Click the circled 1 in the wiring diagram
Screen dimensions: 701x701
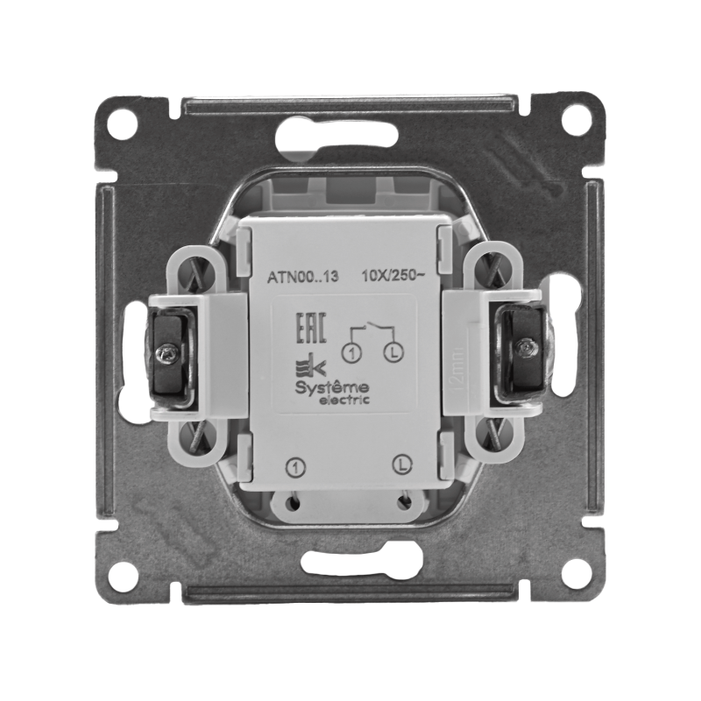point(351,354)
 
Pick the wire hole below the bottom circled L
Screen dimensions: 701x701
point(403,503)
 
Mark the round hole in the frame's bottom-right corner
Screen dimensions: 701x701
point(576,576)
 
